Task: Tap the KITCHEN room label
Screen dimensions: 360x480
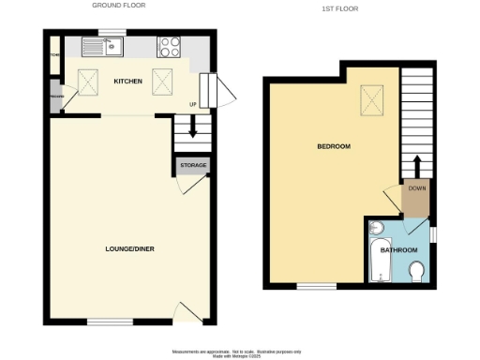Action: (x=128, y=82)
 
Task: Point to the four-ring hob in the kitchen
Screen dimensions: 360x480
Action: (x=170, y=46)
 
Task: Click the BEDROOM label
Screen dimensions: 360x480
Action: (x=333, y=147)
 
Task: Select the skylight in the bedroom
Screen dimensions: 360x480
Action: (x=372, y=97)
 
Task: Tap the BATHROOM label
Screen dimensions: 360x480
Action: (x=398, y=250)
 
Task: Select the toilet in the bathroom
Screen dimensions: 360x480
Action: (x=417, y=270)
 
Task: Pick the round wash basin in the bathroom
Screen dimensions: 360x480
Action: (x=375, y=230)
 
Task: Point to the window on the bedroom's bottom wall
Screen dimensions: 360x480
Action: (x=309, y=284)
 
